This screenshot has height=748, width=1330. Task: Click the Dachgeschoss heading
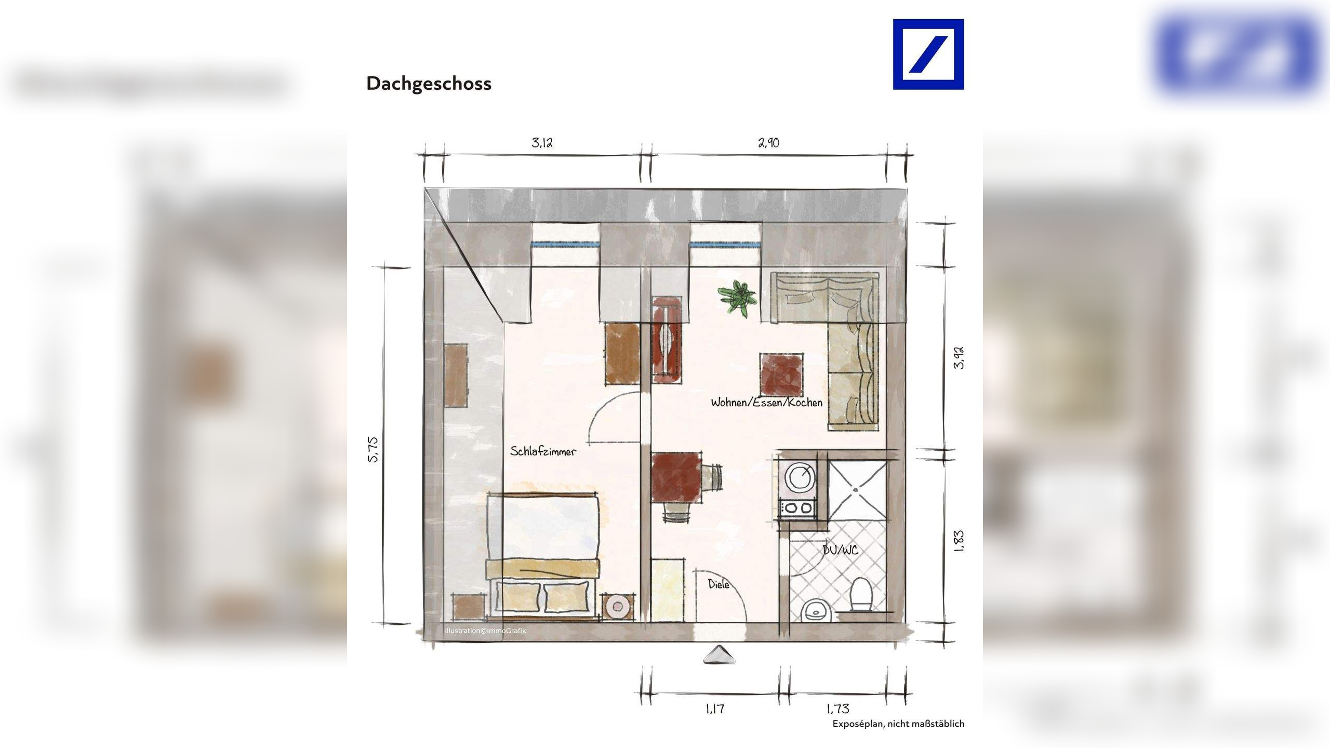point(429,84)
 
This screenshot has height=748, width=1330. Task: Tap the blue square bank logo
point(928,55)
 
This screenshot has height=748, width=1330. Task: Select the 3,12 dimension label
point(542,143)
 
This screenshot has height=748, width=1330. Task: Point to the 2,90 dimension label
point(768,143)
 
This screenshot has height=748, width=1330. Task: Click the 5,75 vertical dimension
point(374,449)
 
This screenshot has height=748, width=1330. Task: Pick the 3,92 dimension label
point(959,357)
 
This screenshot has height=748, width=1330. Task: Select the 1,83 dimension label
point(959,541)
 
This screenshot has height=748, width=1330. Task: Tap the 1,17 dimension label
point(715,709)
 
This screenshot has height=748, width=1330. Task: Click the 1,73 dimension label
point(837,709)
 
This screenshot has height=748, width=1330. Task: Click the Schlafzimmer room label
point(543,451)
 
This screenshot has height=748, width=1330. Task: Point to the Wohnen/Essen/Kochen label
point(766,403)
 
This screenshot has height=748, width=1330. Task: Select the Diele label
point(719,584)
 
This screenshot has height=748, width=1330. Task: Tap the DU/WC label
point(840,550)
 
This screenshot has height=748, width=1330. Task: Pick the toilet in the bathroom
point(861,596)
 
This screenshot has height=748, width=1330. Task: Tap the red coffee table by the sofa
point(781,375)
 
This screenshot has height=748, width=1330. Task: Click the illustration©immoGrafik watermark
point(485,631)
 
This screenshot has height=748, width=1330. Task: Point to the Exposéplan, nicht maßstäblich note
point(898,724)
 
